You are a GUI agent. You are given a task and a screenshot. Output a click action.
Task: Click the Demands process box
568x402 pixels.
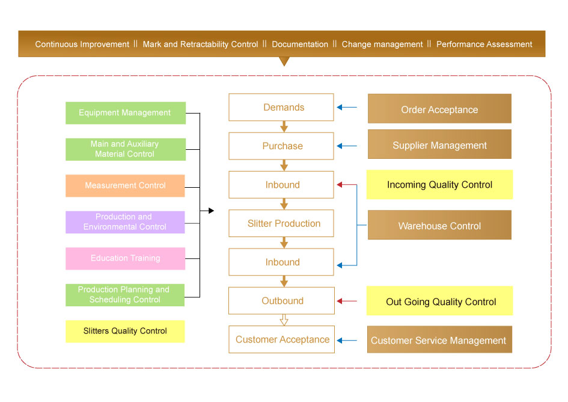tap(281, 107)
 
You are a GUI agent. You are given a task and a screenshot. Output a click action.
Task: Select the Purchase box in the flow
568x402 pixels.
tap(281, 146)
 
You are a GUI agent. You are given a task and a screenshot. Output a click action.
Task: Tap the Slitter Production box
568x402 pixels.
tap(281, 223)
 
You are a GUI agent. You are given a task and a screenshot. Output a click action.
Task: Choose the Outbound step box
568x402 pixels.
tap(281, 301)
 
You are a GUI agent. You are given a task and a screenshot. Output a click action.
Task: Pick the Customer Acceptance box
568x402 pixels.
tap(281, 339)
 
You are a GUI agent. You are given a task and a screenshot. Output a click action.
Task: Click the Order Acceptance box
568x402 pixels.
tap(439, 109)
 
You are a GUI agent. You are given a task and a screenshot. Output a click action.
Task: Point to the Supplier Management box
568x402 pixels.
tap(439, 144)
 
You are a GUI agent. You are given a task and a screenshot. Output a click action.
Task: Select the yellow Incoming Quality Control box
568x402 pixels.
tap(439, 185)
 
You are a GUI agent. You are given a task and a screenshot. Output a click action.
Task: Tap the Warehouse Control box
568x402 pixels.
tap(439, 225)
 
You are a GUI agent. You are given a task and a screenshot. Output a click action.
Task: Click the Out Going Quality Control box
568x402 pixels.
tap(439, 301)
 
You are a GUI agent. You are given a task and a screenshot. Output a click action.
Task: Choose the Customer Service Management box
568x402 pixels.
tap(439, 340)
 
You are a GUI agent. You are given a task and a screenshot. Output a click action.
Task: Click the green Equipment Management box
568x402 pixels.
tap(125, 113)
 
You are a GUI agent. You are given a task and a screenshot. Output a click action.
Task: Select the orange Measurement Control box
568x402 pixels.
tap(125, 185)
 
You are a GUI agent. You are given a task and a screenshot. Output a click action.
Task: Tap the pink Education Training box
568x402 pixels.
tap(125, 258)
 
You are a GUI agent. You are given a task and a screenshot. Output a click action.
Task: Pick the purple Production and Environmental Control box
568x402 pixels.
tap(125, 222)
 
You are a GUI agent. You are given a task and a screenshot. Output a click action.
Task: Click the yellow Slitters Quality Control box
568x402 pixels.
tap(125, 331)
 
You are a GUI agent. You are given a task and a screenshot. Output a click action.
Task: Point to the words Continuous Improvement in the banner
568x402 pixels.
tap(82, 44)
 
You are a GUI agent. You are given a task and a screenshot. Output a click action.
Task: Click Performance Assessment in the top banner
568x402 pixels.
tap(484, 44)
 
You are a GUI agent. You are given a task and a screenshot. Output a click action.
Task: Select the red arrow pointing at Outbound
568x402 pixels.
tap(347, 301)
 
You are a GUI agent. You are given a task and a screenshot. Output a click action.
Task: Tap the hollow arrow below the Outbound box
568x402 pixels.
tap(284, 320)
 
